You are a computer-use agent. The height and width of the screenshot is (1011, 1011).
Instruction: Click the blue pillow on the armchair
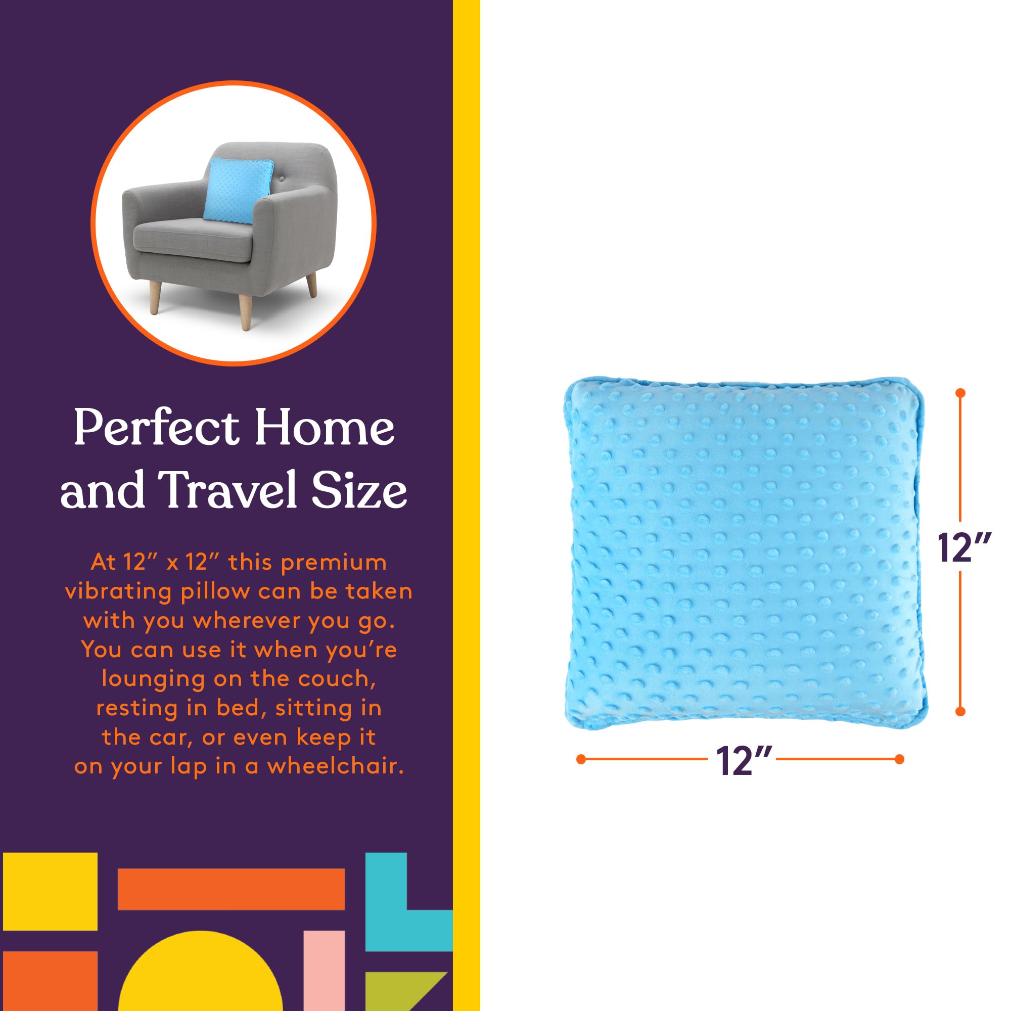[x=238, y=191]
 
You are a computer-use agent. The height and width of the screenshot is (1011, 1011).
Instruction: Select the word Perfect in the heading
[x=156, y=428]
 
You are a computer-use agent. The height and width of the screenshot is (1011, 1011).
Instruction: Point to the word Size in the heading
[x=359, y=491]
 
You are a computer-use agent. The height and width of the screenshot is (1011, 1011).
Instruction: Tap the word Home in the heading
[x=325, y=428]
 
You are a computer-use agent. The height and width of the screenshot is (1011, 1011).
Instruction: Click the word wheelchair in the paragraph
[x=336, y=766]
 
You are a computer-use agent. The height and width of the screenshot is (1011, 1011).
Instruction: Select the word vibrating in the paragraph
[x=118, y=592]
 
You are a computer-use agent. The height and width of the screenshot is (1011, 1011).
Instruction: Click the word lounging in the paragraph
[x=153, y=680]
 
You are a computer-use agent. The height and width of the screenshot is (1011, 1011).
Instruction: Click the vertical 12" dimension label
[x=963, y=548]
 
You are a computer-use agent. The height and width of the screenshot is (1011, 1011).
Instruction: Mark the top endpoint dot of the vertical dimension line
[x=960, y=392]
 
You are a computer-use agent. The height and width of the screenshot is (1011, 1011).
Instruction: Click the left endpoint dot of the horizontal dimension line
[x=580, y=759]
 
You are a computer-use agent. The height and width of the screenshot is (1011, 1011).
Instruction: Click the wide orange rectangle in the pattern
[x=231, y=889]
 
